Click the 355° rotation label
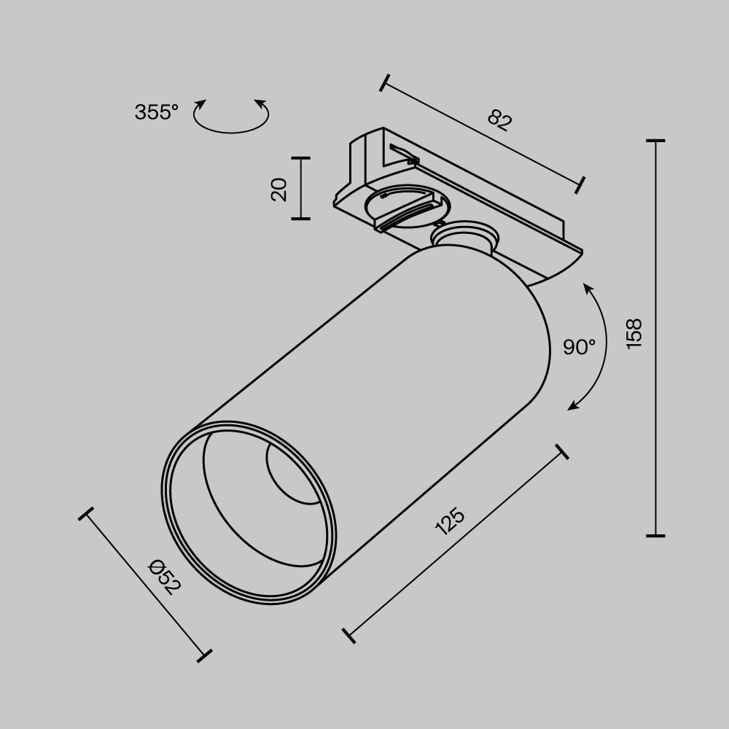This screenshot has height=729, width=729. [156, 112]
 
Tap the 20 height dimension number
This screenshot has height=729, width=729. [279, 190]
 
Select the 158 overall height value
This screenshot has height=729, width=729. [634, 334]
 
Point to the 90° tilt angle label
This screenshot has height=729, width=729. [579, 347]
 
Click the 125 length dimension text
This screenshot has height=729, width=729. [449, 522]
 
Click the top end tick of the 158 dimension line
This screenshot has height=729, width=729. [655, 140]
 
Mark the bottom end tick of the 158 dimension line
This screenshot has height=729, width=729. [655, 536]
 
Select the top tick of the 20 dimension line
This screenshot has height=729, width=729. [300, 157]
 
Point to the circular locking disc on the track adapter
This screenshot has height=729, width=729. [405, 203]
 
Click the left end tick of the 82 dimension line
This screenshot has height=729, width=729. [384, 82]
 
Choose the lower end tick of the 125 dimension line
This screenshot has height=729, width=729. [348, 634]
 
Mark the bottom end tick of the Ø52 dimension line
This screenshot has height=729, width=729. [205, 655]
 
